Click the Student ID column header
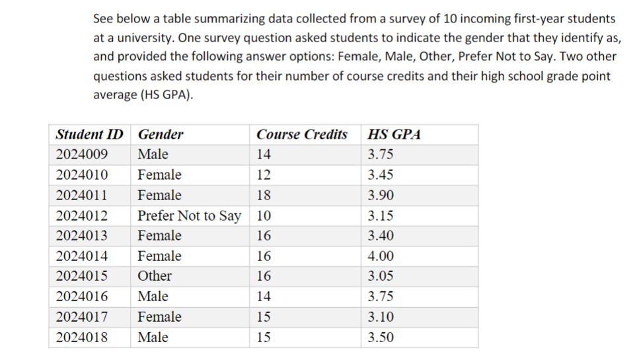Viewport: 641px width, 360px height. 89,135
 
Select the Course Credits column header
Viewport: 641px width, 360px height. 302,135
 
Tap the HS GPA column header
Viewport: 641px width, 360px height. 394,135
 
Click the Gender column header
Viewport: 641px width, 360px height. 161,135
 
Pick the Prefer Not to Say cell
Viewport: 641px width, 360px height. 189,216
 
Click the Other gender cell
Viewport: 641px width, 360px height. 155,276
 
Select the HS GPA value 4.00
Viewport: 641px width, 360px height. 381,256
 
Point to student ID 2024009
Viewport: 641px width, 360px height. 83,155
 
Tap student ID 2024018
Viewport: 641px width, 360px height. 83,338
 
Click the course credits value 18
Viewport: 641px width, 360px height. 264,196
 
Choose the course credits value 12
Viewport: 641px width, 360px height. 264,175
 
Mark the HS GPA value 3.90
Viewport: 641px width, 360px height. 381,196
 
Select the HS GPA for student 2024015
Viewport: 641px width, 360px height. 381,276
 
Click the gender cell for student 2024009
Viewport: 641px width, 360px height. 153,155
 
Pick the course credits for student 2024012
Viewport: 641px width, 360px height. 264,216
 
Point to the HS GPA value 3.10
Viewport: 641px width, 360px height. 381,317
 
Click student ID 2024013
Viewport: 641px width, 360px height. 83,236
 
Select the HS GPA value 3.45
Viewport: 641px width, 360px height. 381,175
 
